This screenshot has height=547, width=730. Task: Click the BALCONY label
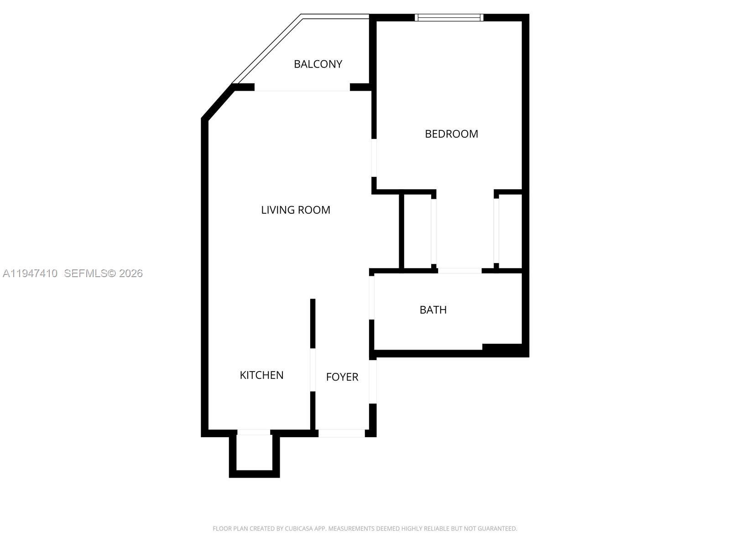[318, 64]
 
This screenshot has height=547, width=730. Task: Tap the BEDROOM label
[451, 134]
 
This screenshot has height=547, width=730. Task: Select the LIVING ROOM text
[296, 210]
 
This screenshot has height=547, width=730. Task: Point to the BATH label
[433, 310]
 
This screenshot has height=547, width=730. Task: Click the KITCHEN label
[261, 375]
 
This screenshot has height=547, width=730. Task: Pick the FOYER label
[342, 377]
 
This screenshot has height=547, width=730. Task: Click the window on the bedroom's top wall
[449, 18]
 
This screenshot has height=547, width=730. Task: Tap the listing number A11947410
[30, 273]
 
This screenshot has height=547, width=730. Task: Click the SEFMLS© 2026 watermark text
[104, 273]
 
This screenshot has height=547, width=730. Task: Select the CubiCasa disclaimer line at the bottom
[365, 529]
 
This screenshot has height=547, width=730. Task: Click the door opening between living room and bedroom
[374, 158]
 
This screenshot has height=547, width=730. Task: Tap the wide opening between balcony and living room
[302, 88]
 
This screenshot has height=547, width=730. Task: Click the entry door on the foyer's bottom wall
[341, 433]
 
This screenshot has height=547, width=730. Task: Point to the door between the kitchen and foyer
[313, 370]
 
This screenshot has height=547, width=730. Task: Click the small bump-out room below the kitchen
[254, 452]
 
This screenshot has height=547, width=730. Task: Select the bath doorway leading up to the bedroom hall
[459, 271]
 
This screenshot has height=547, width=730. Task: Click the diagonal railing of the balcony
[267, 49]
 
